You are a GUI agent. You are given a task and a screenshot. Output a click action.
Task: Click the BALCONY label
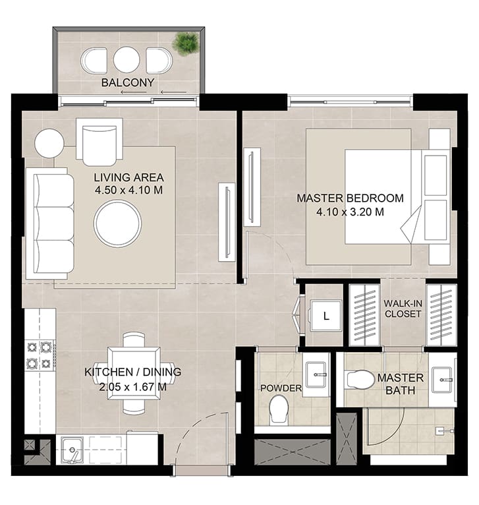pos(127,82)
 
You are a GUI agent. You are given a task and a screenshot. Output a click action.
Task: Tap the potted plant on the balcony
pos(185,44)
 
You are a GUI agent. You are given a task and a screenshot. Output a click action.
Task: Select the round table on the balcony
pos(127,60)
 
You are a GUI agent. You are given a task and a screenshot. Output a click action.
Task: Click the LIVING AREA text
pos(128,177)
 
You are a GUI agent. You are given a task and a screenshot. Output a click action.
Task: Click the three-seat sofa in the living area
pos(50,223)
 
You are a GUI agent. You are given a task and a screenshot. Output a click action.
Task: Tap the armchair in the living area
pos(99,142)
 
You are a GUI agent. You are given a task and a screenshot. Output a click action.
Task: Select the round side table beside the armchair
pos(49,143)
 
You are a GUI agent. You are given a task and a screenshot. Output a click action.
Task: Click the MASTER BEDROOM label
pos(350,198)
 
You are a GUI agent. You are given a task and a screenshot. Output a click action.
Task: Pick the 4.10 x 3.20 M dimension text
pos(350,212)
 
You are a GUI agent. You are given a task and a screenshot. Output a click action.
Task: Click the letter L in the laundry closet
pos(326,316)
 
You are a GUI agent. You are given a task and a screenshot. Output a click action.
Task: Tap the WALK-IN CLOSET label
pos(403,309)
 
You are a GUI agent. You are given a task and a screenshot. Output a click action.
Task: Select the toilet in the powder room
pos(279,409)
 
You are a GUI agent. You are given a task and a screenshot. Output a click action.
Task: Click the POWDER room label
pos(281,388)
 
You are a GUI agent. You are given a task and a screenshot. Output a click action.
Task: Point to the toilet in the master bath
pos(359,379)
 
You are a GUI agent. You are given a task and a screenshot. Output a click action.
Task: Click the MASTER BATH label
pos(400,384)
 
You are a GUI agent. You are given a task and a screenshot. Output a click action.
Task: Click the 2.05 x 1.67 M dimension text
pos(132,386)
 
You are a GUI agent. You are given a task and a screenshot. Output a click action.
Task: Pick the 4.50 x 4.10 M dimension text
pos(128,190)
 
